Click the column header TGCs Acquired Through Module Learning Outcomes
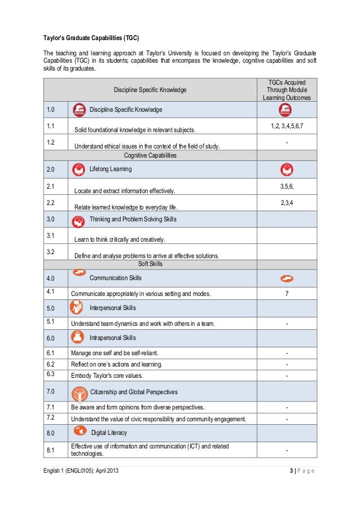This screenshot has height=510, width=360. (287, 90)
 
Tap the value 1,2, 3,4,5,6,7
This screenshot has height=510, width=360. (287, 125)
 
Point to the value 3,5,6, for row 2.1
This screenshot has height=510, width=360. (287, 185)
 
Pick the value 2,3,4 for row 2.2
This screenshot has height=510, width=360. (287, 202)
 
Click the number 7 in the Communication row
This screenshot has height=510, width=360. (287, 294)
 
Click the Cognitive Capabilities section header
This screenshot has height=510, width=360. (150, 155)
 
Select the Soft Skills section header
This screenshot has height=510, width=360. (150, 264)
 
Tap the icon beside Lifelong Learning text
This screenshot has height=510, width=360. (79, 169)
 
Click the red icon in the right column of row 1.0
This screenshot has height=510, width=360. (287, 110)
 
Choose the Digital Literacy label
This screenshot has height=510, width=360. (109, 433)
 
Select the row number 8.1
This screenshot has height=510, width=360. (50, 450)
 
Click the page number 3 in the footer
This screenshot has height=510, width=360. (289, 471)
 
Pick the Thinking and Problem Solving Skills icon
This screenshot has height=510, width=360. (79, 219)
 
